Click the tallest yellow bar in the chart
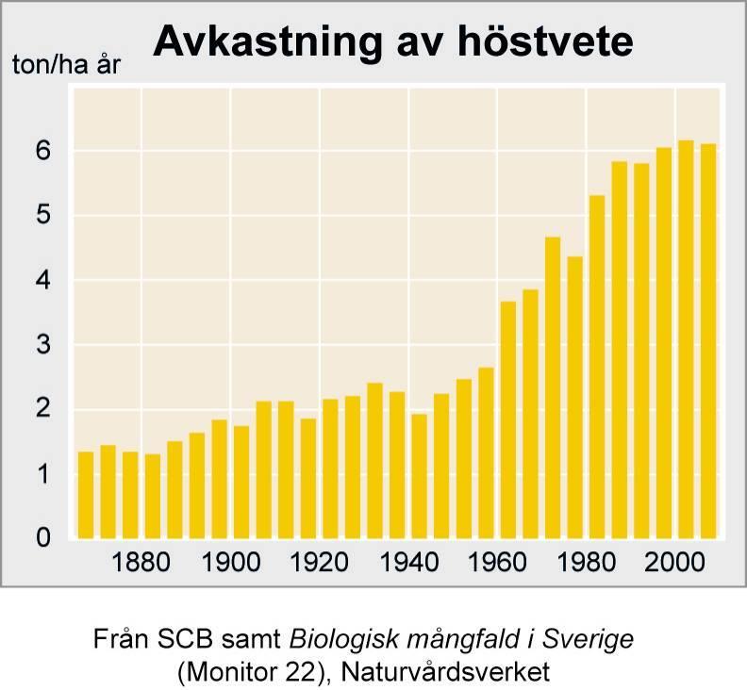tap(686, 339)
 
